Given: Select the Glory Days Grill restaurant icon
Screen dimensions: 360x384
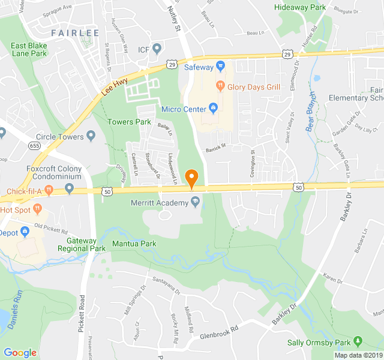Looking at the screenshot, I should tap(220, 86).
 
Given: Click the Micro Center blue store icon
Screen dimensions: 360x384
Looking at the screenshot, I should tap(213, 109).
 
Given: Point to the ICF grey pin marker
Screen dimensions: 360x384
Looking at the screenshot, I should tap(157, 49).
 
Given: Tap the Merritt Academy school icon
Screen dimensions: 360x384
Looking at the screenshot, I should tap(196, 203).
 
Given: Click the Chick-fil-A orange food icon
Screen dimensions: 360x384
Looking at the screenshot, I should tap(49, 192).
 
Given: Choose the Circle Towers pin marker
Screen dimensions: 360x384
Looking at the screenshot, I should tap(91, 136).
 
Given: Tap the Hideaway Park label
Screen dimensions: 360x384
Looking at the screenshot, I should tap(300, 7).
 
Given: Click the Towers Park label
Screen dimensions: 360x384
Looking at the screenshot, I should tap(129, 122).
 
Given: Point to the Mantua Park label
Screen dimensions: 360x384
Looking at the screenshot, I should tap(134, 244).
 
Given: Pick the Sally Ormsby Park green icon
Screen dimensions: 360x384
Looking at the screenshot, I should tap(359, 341).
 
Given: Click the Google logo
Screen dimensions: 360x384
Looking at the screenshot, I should tap(20, 353).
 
